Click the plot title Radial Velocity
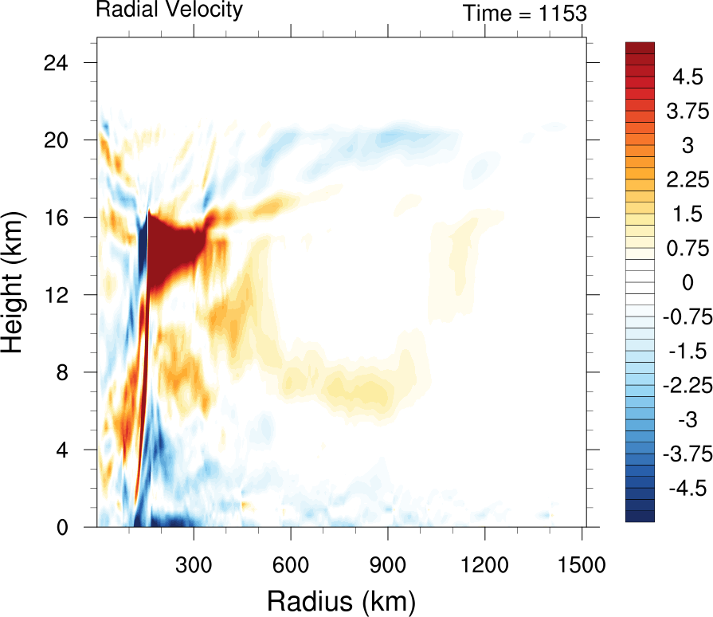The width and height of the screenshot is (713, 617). click(169, 10)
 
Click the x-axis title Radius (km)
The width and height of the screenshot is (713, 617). click(341, 599)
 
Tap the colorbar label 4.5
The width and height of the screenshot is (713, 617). click(686, 77)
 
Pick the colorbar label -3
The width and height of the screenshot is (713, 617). click(683, 419)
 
